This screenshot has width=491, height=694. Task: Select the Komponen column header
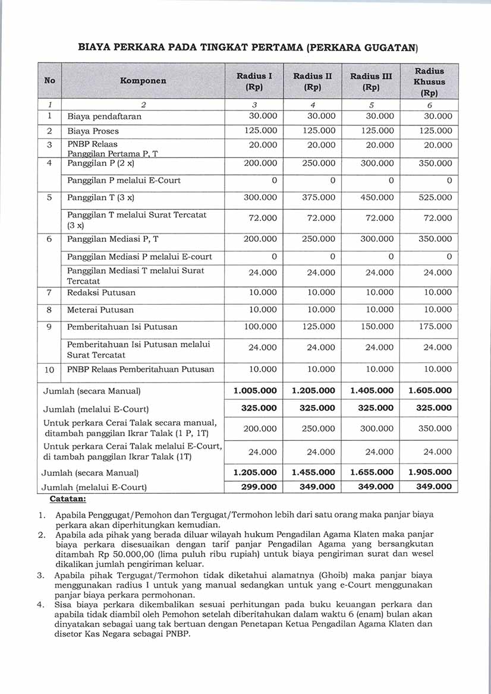pos(143,80)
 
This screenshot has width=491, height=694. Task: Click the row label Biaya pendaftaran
pos(104,116)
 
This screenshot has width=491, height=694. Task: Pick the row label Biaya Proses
pos(93,131)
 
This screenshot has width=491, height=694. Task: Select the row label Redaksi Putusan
pos(101,292)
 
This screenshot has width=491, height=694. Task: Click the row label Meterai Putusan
pos(100,310)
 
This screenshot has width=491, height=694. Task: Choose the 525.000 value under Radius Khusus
pos(435,197)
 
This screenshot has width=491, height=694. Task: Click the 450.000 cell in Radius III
pos(377,197)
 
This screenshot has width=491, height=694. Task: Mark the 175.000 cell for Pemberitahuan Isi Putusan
pos(435,327)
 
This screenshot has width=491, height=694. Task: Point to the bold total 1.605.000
pos(430,391)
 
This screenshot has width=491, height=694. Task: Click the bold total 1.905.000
pos(430,472)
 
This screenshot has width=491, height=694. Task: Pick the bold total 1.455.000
pos(314,472)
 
